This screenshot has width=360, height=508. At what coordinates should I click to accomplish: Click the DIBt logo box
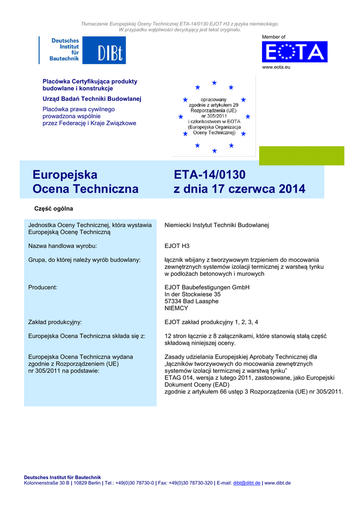coord(104,50)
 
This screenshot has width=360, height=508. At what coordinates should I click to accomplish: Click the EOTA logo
coord(294,52)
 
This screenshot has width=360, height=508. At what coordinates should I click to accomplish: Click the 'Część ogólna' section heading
coord(53,208)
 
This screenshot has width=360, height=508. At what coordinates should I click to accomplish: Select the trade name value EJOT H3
coord(177,246)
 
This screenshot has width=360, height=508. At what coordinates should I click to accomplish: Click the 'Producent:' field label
coord(43,287)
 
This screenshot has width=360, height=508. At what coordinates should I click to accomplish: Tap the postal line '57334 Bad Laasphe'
coord(191,301)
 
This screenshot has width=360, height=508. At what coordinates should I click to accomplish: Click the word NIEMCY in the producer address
coord(176,308)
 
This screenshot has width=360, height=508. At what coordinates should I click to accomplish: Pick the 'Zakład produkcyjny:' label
coord(55,322)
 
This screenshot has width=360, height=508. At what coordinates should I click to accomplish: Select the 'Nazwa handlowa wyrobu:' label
coord(62,246)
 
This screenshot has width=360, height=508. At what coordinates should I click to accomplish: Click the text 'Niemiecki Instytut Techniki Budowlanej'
coord(216,225)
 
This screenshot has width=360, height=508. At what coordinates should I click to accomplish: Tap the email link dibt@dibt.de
coord(247,483)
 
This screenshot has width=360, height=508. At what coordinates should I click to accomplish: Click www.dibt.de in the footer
coord(278,483)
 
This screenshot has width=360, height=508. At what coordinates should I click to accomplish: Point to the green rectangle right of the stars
coord(301,155)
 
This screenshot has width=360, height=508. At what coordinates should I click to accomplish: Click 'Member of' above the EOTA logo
coord(274,37)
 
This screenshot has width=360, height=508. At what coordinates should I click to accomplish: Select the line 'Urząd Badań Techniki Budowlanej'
coord(92,99)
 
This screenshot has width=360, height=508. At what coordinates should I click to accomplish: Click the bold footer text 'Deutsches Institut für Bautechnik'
coord(63,477)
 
